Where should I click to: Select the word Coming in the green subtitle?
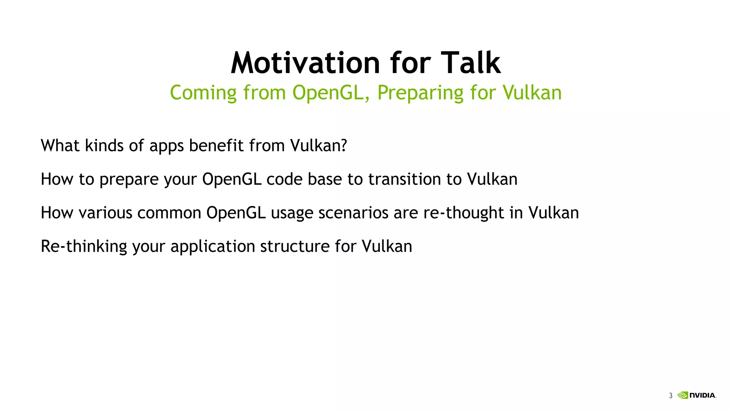pos(203,93)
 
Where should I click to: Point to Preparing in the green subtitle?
pos(420,93)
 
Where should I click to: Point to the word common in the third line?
pos(169,213)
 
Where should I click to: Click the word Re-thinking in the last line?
pos(84,246)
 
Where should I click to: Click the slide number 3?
pos(671,396)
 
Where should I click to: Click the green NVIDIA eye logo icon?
pos(683,395)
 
